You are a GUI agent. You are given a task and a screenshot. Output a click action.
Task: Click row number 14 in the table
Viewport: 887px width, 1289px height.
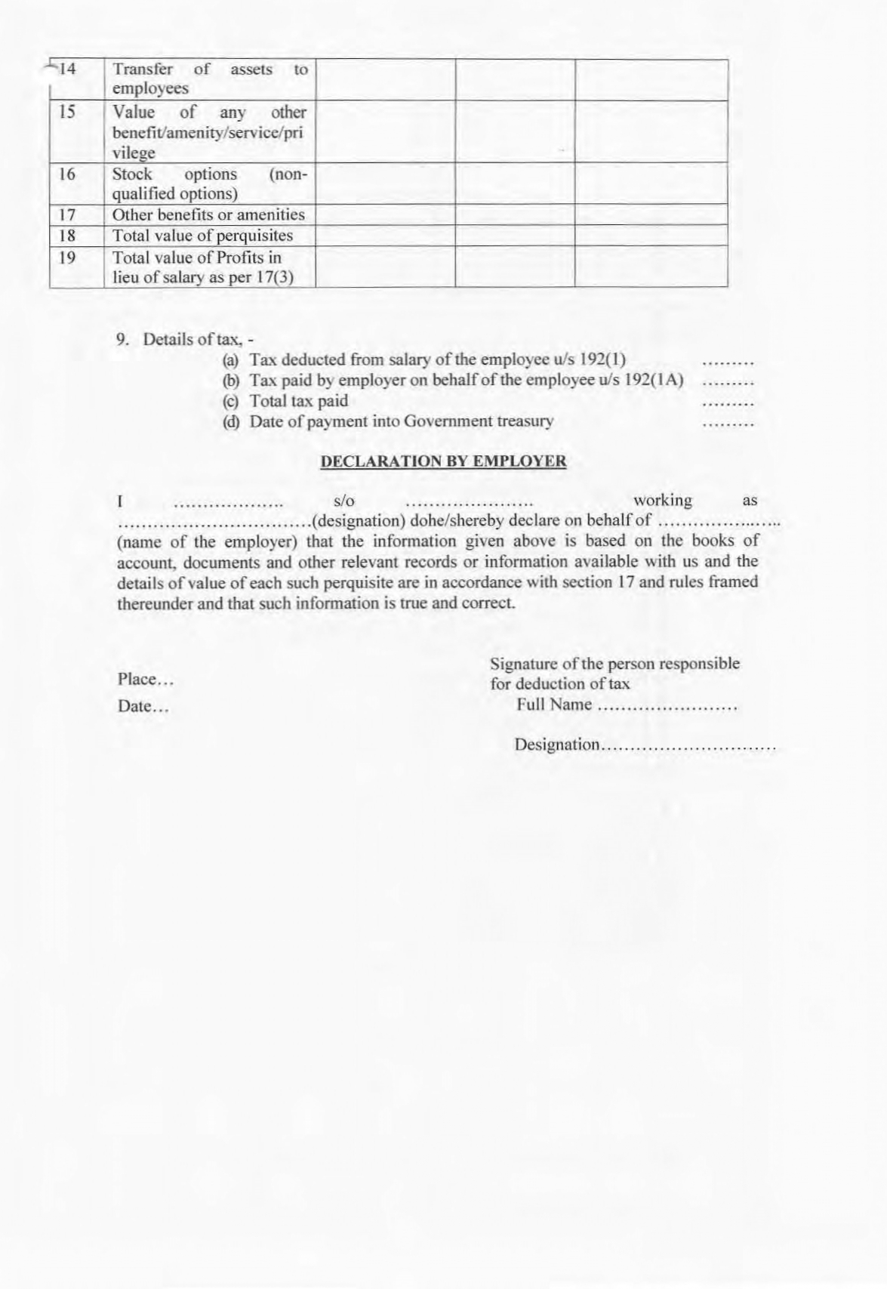pos(67,70)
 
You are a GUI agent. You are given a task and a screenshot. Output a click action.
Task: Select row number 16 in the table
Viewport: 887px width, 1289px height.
pos(67,174)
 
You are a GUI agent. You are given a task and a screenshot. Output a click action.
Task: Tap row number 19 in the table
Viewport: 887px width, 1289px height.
pos(67,257)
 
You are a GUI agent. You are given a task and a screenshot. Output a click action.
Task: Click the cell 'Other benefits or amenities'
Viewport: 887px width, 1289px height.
pos(208,215)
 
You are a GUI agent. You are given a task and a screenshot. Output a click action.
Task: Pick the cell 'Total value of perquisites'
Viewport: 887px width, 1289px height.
pos(202,236)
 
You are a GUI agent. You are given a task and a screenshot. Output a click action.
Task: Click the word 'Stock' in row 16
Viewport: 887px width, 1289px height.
pos(132,174)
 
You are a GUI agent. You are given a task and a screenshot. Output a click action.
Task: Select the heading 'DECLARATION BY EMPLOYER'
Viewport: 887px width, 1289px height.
pos(443,461)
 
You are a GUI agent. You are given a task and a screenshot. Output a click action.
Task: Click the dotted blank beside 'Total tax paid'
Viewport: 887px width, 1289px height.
pos(728,403)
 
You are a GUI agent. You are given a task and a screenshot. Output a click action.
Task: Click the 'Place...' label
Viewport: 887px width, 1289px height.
pos(146,680)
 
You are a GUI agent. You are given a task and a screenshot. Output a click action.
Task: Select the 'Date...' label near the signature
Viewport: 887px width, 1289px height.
pos(143,707)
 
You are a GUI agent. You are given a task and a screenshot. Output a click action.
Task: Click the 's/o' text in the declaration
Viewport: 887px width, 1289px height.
pos(343,501)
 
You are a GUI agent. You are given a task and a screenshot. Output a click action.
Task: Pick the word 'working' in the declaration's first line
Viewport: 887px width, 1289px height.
pos(662,501)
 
